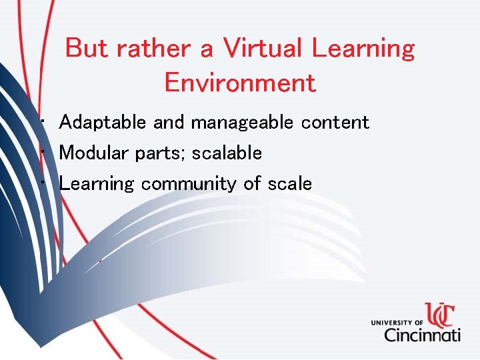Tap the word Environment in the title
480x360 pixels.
[239, 83]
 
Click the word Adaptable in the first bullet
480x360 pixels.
[103, 123]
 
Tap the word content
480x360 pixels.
[335, 123]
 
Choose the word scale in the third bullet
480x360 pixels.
[289, 184]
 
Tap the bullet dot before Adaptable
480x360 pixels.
[42, 122]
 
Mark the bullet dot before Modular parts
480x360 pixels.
[42, 153]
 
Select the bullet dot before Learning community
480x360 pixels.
[42, 183]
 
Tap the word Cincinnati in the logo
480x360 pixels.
[421, 334]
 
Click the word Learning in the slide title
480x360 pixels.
[363, 49]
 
